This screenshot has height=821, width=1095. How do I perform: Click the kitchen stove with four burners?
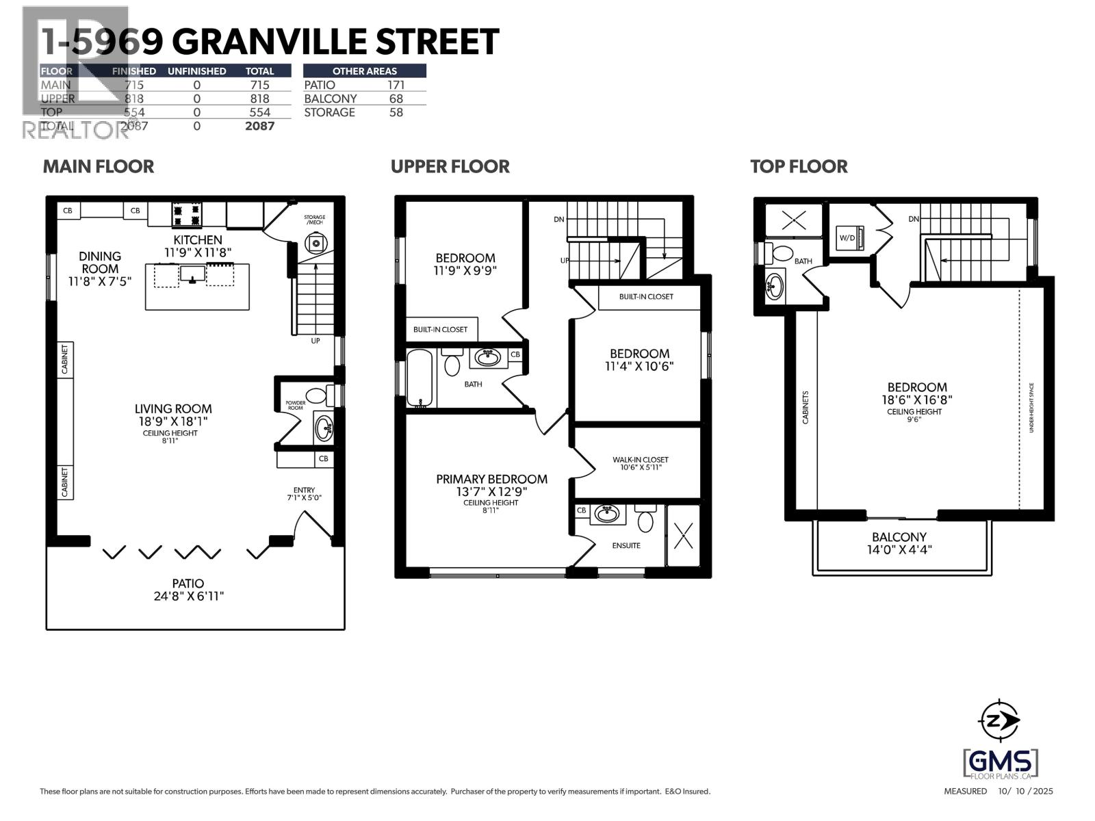pyautogui.click(x=187, y=215)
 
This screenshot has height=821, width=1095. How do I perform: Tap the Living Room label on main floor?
pyautogui.click(x=173, y=409)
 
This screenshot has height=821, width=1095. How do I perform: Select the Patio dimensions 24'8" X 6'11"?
pyautogui.click(x=189, y=596)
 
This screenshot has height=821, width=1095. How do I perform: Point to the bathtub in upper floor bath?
pyautogui.click(x=420, y=378)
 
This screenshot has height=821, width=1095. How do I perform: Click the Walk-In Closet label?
pyautogui.click(x=640, y=460)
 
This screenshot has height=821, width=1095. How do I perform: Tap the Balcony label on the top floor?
pyautogui.click(x=899, y=537)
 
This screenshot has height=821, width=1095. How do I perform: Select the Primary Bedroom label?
pyautogui.click(x=491, y=479)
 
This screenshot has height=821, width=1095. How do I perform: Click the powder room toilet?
pyautogui.click(x=316, y=395)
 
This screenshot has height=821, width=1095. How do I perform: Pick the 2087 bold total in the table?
pyautogui.click(x=259, y=126)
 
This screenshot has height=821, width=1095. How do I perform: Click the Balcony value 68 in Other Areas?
pyautogui.click(x=396, y=99)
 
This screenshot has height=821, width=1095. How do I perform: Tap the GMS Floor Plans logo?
pyautogui.click(x=1000, y=762)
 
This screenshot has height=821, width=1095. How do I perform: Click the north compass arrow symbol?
pyautogui.click(x=1000, y=720)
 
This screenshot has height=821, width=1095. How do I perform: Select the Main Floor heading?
pyautogui.click(x=99, y=166)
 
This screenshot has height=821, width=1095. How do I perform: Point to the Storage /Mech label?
pyautogui.click(x=314, y=220)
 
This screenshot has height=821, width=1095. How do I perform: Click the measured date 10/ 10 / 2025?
pyautogui.click(x=1025, y=792)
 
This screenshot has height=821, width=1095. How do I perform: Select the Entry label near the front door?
pyautogui.click(x=304, y=490)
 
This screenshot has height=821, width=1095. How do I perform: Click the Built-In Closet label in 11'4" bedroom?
pyautogui.click(x=646, y=296)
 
